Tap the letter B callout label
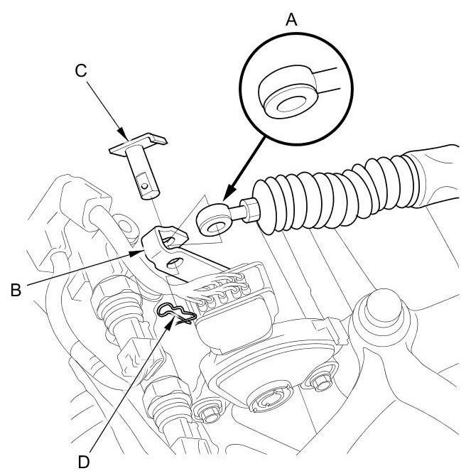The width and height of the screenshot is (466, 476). coord(13,288)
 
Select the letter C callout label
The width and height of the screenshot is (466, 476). coord(80,70)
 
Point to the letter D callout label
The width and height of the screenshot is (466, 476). coord(85,460)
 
